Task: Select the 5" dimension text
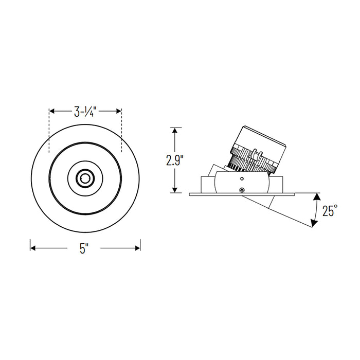pyautogui.click(x=85, y=248)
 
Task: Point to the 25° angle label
pyautogui.click(x=330, y=210)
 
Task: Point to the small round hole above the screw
pyautogui.click(x=242, y=179)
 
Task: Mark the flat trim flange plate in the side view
pyautogui.click(x=242, y=194)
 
